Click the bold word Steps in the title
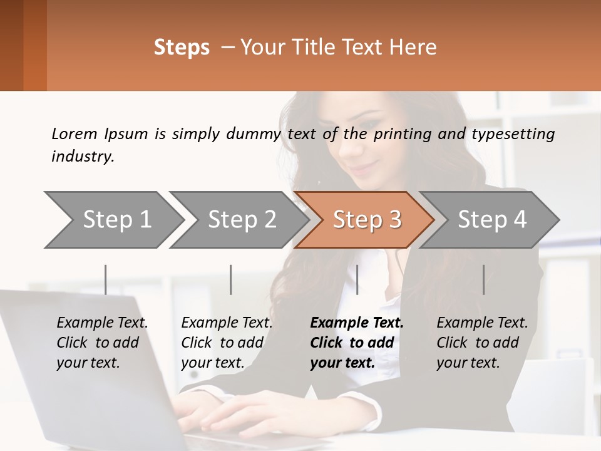182,48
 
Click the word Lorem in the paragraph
74,133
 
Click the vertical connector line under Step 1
106,279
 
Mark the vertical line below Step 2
231,279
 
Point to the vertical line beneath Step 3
357,279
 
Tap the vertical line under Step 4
484,279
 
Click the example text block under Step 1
102,343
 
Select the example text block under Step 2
227,343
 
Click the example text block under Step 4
482,343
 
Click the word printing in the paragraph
403,133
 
